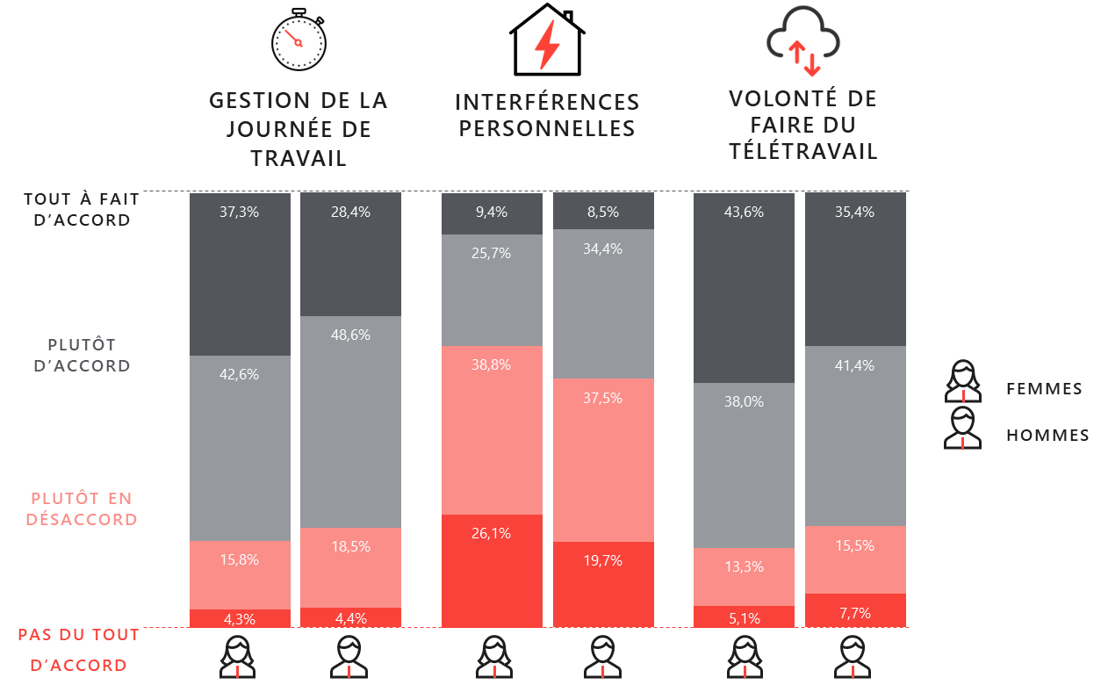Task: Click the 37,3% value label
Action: click(x=239, y=212)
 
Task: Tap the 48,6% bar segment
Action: click(x=350, y=422)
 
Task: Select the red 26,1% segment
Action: click(x=492, y=571)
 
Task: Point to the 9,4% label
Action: click(x=492, y=212)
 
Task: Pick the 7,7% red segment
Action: click(x=855, y=610)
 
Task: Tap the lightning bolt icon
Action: click(x=547, y=46)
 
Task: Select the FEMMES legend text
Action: click(x=1044, y=389)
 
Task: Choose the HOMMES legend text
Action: click(x=1047, y=436)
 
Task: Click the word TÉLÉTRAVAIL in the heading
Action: click(x=803, y=152)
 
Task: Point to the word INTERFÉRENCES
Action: click(x=547, y=103)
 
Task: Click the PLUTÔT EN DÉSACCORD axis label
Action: click(x=82, y=508)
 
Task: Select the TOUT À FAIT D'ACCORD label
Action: click(x=82, y=210)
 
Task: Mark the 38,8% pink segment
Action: click(x=492, y=429)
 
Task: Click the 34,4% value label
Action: click(x=603, y=249)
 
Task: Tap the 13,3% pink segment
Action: click(x=744, y=577)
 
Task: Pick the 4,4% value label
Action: click(x=350, y=618)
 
